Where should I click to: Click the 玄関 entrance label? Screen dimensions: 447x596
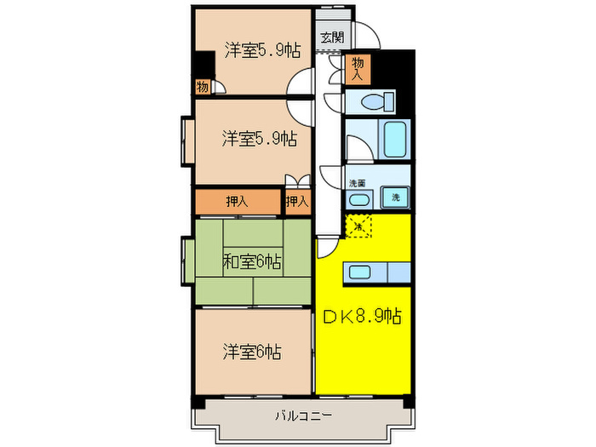coord(332,38)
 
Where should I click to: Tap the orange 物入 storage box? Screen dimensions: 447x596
coord(358,68)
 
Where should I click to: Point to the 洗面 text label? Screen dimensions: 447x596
coord(357,184)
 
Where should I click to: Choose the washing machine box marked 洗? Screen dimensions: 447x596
coord(395,198)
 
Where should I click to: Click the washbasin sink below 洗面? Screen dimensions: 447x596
coord(358,200)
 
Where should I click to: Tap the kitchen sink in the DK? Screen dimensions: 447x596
coord(357,272)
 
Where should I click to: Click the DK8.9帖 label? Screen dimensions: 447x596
coord(361,317)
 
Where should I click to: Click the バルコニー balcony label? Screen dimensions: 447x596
coord(304,417)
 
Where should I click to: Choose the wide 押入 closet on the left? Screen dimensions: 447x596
coord(238,202)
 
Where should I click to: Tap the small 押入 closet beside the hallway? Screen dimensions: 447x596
coord(296,202)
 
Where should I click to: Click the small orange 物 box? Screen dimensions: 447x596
coord(202,86)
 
